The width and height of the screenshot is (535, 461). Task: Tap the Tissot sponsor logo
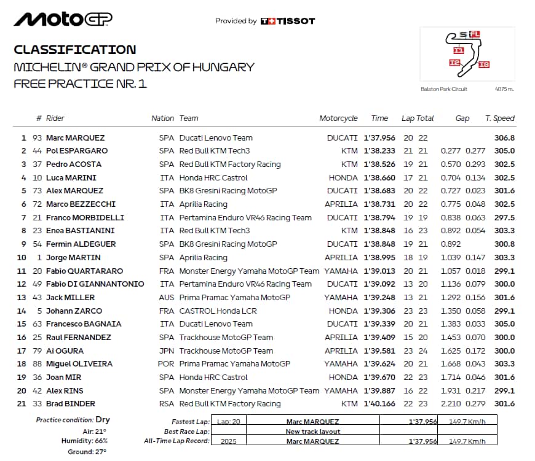point(288,21)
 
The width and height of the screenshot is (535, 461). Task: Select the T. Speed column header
point(500,118)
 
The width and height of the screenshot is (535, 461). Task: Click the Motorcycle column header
point(338,118)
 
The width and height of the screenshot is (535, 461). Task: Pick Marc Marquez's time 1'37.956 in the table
point(379,138)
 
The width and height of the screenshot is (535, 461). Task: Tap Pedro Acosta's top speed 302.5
point(504,165)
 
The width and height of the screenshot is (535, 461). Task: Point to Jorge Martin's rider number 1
point(40,257)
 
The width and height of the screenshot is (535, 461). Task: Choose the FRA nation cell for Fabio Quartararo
point(167,271)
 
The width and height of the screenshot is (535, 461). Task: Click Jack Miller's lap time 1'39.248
point(379,297)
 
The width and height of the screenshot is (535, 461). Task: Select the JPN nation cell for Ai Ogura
point(167,351)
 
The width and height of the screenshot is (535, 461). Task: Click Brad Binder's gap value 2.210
point(451,403)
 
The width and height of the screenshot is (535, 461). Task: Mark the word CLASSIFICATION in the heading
point(74,50)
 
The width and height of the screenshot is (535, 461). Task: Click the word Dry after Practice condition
point(103,420)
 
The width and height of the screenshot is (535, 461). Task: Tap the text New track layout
point(313,432)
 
